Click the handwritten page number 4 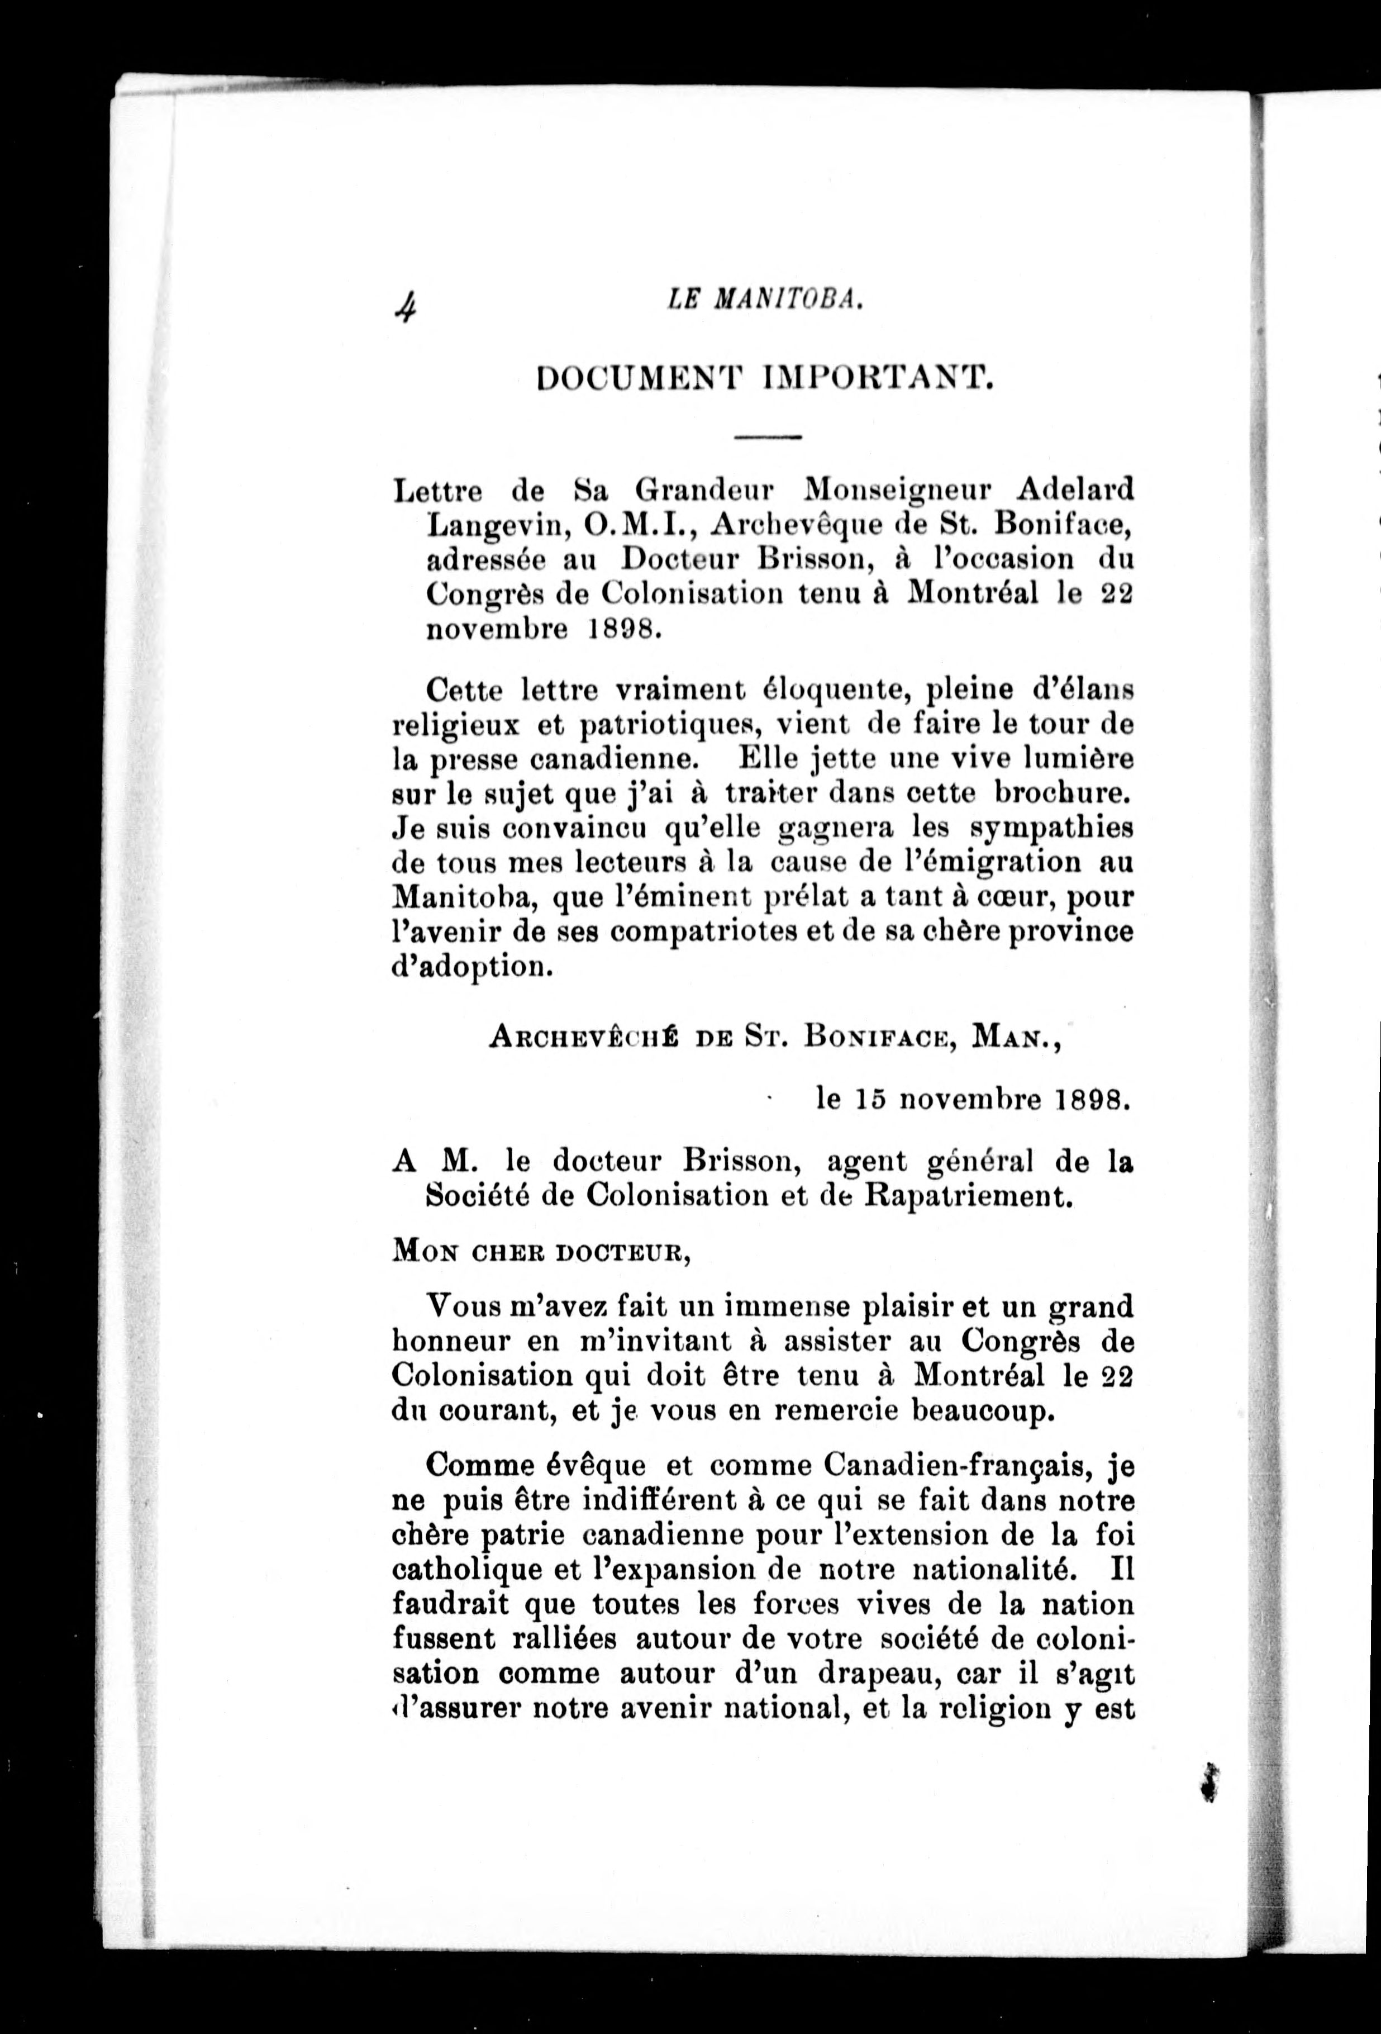tap(405, 307)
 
